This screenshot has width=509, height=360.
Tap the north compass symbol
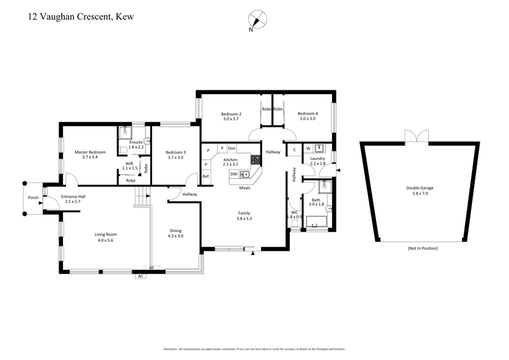click(258, 19)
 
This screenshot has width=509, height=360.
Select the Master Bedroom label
click(90, 153)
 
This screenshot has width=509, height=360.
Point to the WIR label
click(129, 163)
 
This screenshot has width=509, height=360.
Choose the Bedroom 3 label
click(176, 153)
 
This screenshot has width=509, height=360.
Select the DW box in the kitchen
click(234, 174)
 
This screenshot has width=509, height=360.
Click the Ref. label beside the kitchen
click(206, 176)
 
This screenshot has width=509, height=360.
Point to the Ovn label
click(232, 148)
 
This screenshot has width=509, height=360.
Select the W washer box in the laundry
click(309, 149)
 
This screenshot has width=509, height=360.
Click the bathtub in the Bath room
click(316, 222)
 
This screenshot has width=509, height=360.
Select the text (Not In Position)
click(422, 247)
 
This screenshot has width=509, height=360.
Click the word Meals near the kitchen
click(244, 188)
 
